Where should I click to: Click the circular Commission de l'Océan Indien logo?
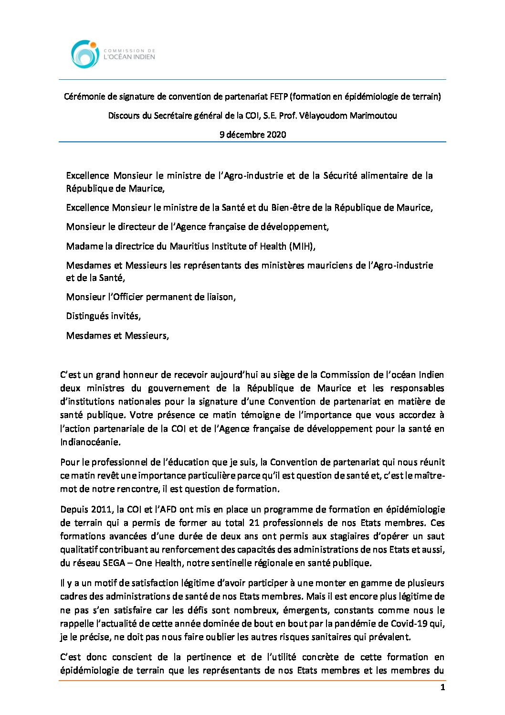(x=85, y=54)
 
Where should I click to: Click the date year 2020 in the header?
(x=277, y=135)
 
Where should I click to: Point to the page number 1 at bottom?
(x=442, y=688)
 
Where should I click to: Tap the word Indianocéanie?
(x=90, y=442)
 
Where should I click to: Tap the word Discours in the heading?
(x=124, y=116)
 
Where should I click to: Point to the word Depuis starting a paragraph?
(x=74, y=510)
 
